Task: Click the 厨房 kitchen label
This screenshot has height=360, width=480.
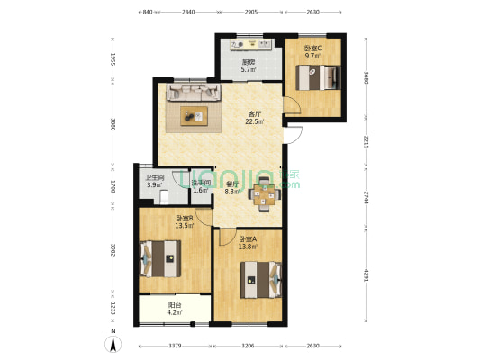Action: click(248, 62)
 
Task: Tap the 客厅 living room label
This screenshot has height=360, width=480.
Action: click(255, 114)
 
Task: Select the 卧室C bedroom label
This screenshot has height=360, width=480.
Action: click(312, 49)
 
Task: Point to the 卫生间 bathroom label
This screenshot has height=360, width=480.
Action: click(155, 178)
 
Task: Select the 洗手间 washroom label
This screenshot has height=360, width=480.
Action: click(201, 183)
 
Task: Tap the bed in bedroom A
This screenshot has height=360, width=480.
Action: click(261, 278)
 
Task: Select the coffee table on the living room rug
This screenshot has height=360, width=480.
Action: click(194, 113)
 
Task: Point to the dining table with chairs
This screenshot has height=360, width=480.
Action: click(264, 193)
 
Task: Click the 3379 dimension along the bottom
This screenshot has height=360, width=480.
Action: click(176, 345)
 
